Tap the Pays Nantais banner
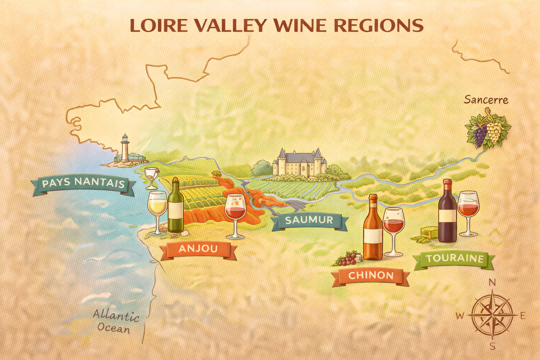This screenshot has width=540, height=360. tap(83, 184)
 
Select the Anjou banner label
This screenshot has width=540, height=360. tap(198, 249)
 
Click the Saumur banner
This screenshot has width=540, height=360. tap(309, 220)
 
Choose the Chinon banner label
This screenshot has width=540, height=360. tap(371, 275)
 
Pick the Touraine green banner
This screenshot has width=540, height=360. tap(455, 259)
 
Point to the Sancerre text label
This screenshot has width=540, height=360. tap(486, 100)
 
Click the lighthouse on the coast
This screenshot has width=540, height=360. tap(124, 149)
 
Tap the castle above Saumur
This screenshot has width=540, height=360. tap(300, 163)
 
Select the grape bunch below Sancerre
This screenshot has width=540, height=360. tap(488, 130)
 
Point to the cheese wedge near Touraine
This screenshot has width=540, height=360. tap(430, 232)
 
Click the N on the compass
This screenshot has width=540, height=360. tap(493, 283)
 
